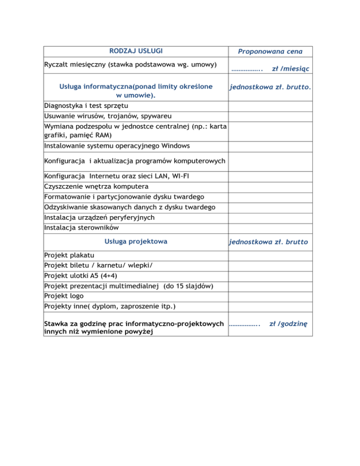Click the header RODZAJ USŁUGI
(x=136, y=51)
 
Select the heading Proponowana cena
(x=270, y=51)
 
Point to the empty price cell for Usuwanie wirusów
(x=270, y=116)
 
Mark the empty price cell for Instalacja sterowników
(x=270, y=228)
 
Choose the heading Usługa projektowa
(x=136, y=242)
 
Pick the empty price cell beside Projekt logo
(x=270, y=297)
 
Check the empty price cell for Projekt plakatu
(x=270, y=256)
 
